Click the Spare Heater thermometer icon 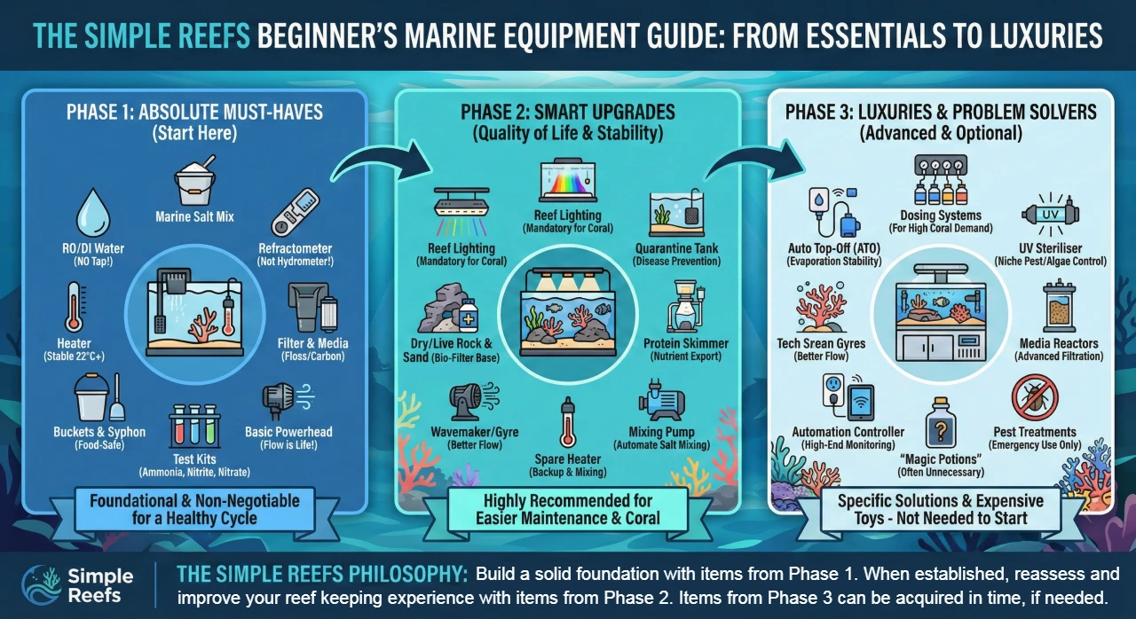pyautogui.click(x=566, y=424)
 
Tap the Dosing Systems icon pyautogui.click(x=946, y=182)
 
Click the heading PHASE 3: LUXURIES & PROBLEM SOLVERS pyautogui.click(x=941, y=113)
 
